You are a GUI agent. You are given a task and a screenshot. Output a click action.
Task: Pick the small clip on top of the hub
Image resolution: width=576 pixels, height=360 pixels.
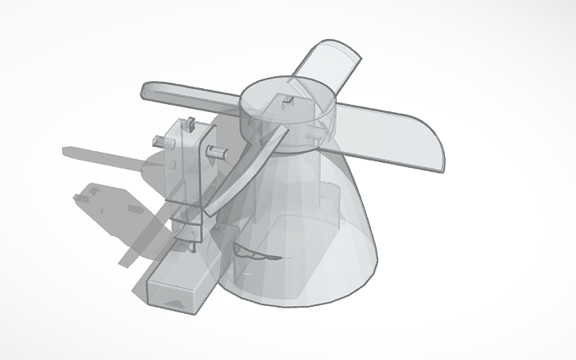coord(287,101)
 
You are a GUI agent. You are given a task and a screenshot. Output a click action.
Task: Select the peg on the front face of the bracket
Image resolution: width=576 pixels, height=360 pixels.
coord(214,150)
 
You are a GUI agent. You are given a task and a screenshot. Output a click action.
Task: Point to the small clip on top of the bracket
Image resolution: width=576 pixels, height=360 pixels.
coord(190,126)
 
